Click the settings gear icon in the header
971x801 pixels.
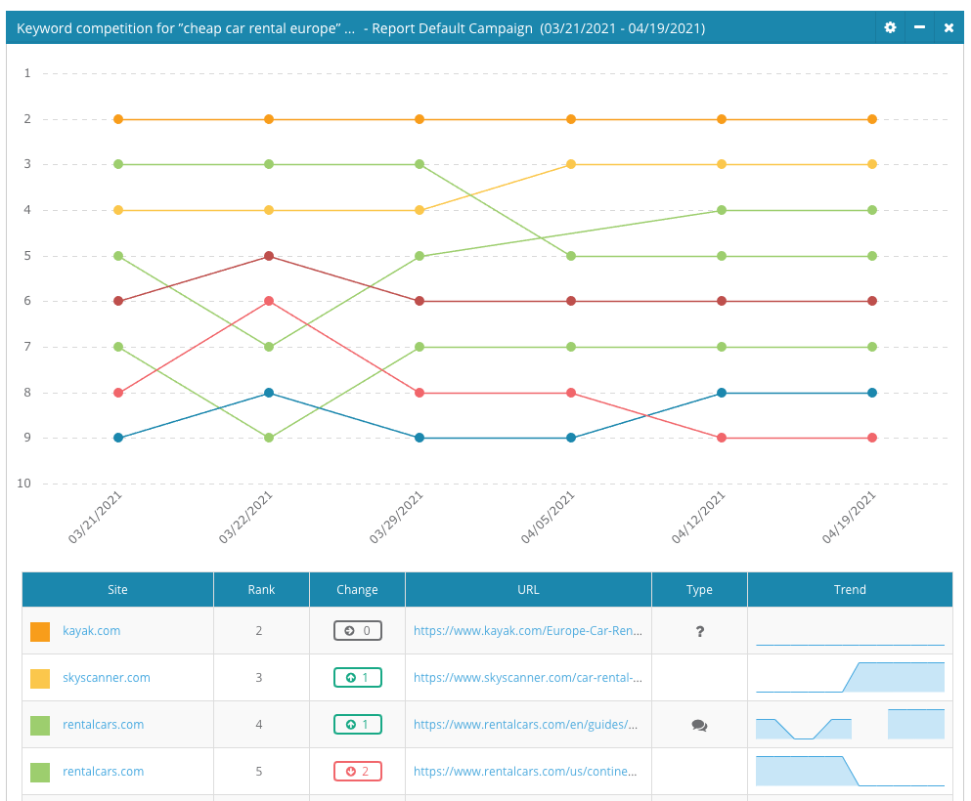(890, 27)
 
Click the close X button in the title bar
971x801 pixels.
(949, 27)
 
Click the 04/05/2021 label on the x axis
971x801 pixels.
(549, 518)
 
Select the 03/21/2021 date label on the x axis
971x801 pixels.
(96, 518)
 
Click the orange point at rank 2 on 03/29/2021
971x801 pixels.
(419, 119)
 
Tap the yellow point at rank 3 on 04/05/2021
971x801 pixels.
(571, 164)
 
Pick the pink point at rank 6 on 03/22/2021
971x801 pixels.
(269, 301)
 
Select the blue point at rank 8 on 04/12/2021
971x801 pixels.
(722, 393)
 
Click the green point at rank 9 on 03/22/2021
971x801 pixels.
(269, 438)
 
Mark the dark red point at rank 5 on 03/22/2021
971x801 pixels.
(269, 256)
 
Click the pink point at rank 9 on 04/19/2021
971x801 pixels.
(872, 438)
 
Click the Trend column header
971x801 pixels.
(850, 589)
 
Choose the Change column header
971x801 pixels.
(357, 589)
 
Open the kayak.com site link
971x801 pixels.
(92, 631)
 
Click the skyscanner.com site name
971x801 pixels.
(107, 678)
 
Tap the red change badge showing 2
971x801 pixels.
(357, 772)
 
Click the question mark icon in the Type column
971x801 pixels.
(700, 632)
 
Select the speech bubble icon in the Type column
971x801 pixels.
(699, 725)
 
